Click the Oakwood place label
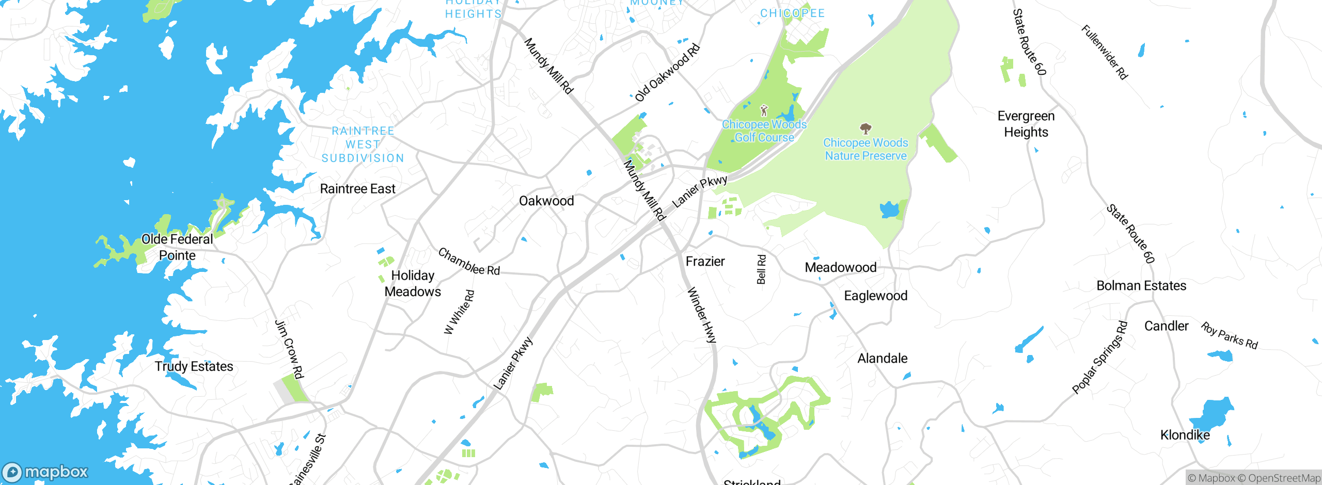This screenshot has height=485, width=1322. [546, 201]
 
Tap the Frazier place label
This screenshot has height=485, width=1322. [705, 262]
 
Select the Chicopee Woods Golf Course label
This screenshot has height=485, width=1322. [764, 131]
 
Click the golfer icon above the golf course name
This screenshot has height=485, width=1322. [764, 110]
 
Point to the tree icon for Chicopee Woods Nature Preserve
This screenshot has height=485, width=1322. [865, 128]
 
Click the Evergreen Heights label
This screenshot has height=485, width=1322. [1026, 124]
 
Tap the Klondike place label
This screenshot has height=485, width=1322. [1185, 435]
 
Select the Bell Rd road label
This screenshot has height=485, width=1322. [761, 269]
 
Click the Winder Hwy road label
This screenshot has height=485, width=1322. [702, 315]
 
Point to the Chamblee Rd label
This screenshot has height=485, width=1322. [469, 262]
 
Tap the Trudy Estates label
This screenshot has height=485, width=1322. [194, 366]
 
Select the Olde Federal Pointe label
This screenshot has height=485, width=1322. [177, 247]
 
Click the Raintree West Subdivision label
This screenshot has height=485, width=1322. [363, 144]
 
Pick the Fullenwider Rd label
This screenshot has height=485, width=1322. [1105, 52]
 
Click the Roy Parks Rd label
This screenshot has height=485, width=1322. [1229, 336]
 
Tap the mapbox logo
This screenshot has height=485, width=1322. [45, 472]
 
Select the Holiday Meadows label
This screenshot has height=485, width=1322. [413, 283]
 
